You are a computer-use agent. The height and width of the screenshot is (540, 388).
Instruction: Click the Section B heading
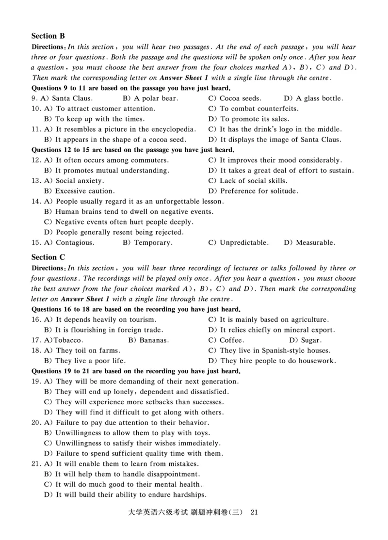point(48,36)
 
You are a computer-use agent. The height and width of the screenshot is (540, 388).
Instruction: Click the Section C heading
point(48,257)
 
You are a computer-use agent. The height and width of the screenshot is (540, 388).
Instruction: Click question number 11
point(36,129)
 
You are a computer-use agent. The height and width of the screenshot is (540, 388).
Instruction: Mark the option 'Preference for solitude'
point(254,191)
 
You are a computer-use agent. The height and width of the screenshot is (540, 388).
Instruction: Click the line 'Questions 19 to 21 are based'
point(136,371)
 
